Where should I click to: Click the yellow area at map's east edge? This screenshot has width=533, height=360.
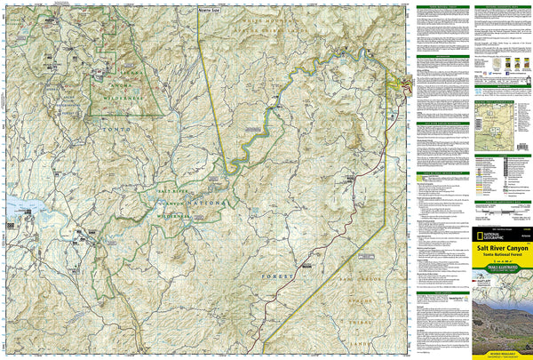[x=400, y=85]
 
